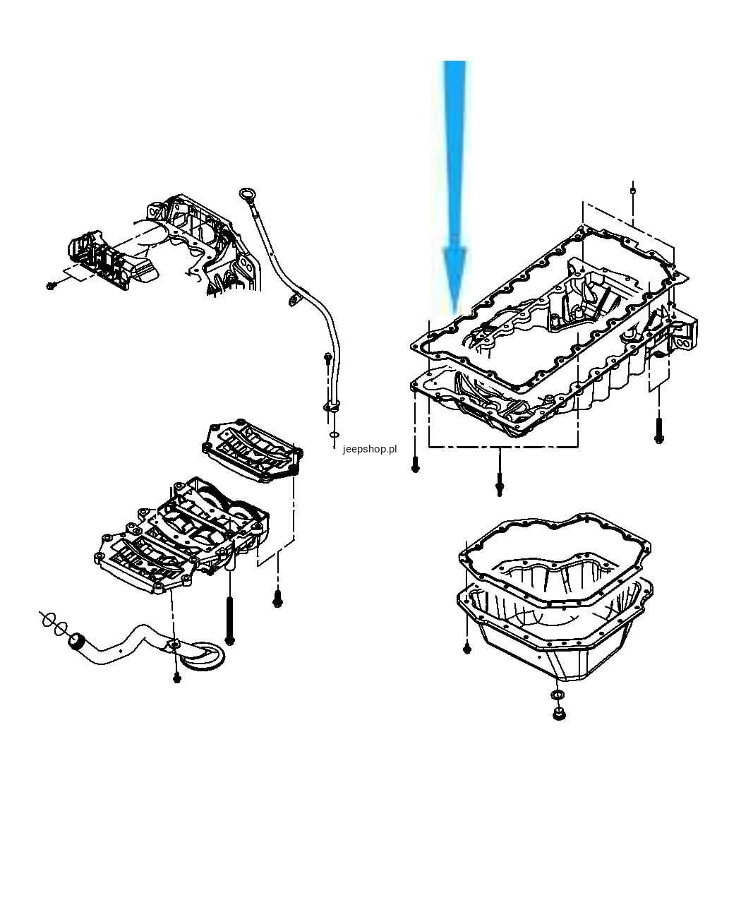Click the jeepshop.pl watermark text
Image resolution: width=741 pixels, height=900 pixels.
[x=369, y=449]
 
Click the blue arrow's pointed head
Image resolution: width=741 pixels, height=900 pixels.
[x=454, y=280]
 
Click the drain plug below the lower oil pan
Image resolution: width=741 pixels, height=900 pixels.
[x=559, y=714]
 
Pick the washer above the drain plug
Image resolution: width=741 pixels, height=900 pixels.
[x=558, y=695]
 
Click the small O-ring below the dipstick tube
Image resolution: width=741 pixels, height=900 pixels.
[x=334, y=435]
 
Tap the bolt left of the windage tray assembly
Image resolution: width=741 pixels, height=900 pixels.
[x=51, y=285]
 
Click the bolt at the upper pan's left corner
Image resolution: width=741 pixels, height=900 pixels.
[x=415, y=464]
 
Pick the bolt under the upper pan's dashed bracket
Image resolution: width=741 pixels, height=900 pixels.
[x=499, y=484]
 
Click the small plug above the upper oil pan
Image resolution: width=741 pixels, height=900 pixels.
[x=632, y=190]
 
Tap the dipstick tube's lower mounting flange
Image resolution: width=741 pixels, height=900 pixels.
[x=332, y=406]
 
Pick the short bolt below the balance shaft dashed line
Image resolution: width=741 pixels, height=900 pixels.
[x=277, y=599]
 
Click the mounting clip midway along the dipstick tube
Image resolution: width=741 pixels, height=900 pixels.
[x=295, y=299]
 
